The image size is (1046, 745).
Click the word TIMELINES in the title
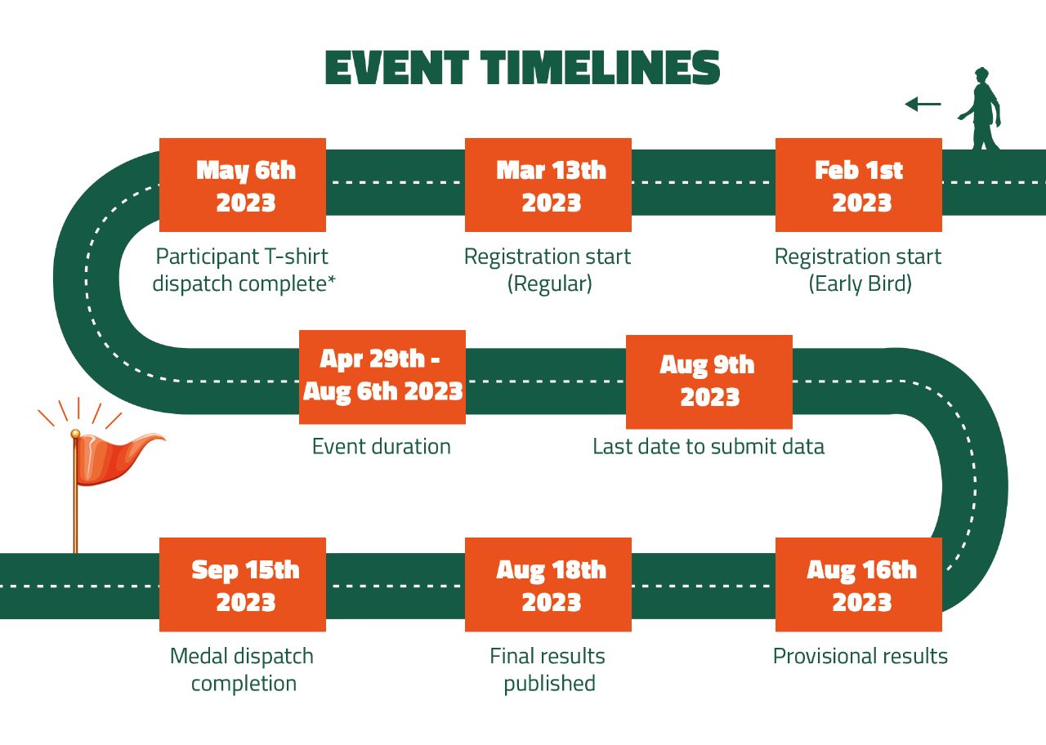click(601, 67)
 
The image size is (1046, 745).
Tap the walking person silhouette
click(981, 109)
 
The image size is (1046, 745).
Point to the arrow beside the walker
click(923, 104)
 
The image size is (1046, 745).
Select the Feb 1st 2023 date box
click(858, 185)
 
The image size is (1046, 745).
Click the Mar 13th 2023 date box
click(548, 185)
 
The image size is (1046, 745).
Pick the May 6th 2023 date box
click(243, 185)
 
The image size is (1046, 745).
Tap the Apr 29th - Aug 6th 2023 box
click(382, 377)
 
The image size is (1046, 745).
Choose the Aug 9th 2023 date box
click(709, 381)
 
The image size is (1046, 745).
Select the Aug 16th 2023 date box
click(858, 584)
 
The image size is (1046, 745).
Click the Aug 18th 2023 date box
click(548, 584)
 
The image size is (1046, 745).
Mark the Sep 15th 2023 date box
click(243, 584)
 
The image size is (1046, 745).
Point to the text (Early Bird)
click(860, 283)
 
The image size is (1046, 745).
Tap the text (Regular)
click(550, 283)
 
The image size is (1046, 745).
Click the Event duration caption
click(382, 446)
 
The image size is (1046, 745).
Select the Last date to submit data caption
click(709, 446)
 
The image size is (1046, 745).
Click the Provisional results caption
click(860, 656)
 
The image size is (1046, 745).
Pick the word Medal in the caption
click(201, 656)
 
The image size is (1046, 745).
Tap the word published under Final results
click(550, 684)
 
